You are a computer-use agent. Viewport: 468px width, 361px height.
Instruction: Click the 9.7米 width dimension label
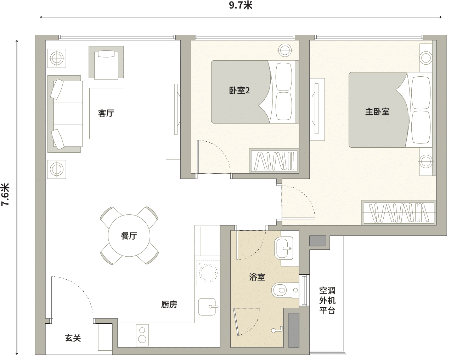241,5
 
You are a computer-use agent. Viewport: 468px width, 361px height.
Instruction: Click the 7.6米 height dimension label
5,195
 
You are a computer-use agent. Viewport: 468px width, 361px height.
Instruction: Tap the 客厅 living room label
106,113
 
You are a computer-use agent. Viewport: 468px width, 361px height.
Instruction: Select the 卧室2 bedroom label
239,91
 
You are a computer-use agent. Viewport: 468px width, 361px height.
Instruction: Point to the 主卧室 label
377,112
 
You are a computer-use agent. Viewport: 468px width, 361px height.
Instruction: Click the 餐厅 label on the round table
129,236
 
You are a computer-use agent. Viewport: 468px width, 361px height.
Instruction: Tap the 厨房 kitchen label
169,305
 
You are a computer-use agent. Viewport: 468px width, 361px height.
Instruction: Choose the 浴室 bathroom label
257,277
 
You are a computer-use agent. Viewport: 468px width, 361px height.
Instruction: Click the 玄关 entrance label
73,338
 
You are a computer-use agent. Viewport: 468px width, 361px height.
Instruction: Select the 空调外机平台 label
327,301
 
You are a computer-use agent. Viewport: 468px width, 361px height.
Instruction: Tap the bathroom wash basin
284,248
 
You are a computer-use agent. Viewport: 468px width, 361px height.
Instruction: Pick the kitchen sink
207,307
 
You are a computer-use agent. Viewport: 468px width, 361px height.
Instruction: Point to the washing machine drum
208,273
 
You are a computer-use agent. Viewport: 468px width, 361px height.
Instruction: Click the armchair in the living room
106,62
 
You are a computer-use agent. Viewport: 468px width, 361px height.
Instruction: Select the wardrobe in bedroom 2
274,161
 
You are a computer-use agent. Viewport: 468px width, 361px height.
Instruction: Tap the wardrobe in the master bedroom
399,213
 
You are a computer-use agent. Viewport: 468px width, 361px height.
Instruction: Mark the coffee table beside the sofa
106,113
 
